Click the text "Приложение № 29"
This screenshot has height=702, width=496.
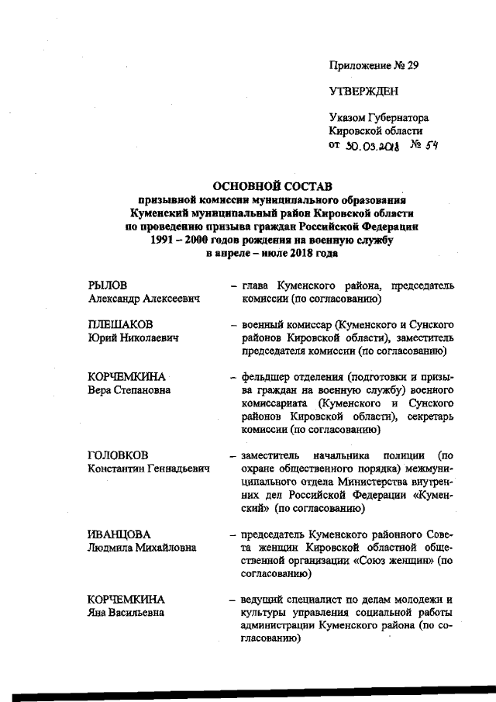click(x=374, y=65)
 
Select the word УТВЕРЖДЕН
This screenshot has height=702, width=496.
click(x=363, y=91)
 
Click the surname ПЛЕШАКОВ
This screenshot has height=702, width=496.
click(x=119, y=323)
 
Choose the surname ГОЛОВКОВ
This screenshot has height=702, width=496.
click(x=119, y=455)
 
